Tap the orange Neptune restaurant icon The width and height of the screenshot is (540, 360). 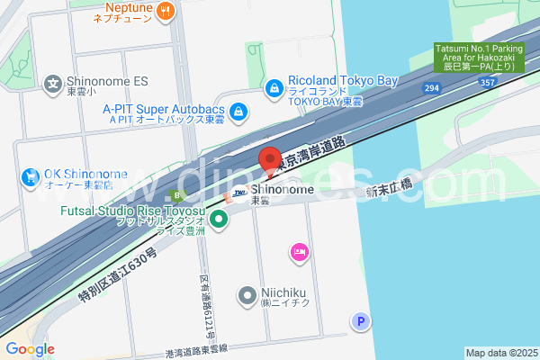tap(165, 11)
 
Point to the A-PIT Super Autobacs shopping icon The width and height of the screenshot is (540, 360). tap(238, 112)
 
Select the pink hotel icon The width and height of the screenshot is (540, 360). tap(299, 253)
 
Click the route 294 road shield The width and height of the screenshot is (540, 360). tap(433, 86)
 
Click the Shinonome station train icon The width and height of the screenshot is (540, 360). tap(238, 192)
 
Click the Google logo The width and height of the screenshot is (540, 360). tap(30, 349)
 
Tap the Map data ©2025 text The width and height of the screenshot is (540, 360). tap(500, 353)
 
